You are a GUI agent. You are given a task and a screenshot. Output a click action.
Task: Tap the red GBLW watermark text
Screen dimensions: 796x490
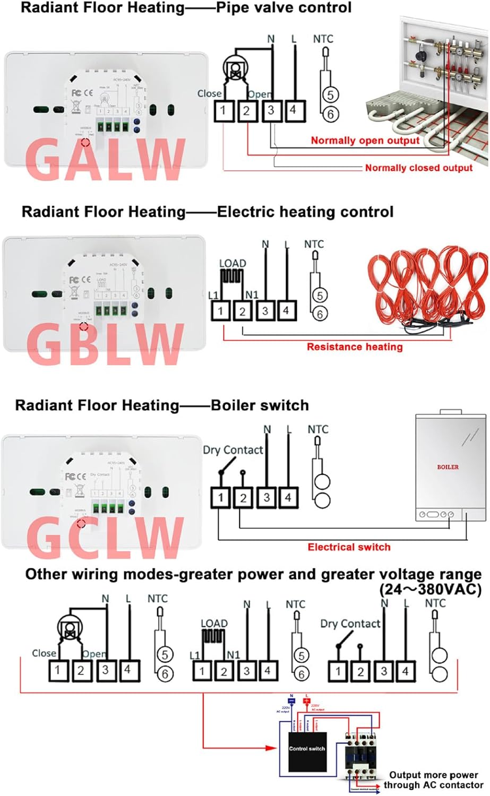pos(105,345)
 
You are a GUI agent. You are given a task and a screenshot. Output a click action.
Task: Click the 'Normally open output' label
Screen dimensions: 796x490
pos(365,141)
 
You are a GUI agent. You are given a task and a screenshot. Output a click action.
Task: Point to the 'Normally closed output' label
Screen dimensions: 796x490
pos(418,168)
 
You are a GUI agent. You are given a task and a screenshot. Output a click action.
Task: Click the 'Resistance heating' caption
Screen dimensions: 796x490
pos(355,347)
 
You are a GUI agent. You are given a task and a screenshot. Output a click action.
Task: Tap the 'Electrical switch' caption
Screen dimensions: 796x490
pos(349,547)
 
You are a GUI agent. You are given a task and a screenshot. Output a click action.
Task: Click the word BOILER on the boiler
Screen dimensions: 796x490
pos(448,467)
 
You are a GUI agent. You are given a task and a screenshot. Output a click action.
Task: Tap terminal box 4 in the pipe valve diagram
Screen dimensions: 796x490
pos(293,111)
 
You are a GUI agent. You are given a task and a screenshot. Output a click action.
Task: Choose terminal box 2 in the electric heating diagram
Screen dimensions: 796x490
pos(243,311)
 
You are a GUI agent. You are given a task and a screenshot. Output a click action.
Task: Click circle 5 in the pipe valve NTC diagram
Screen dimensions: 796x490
pos(330,95)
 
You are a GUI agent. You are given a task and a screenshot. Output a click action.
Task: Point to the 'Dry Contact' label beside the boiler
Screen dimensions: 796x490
pos(233,450)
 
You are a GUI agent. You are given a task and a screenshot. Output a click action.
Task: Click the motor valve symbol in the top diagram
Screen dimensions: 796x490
pos(231,68)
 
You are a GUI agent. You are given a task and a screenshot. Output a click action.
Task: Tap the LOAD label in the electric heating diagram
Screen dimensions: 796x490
pos(233,263)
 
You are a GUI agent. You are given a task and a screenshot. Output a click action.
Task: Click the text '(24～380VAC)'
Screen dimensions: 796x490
pos(430,589)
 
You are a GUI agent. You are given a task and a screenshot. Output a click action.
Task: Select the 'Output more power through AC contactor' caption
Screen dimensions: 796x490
pos(433,780)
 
